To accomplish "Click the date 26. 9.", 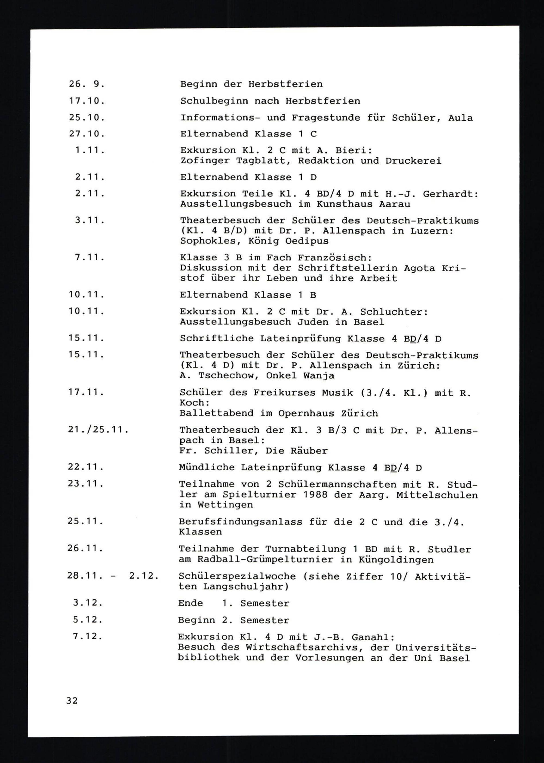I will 86,84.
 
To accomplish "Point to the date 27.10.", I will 86,134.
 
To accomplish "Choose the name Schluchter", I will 394,312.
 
